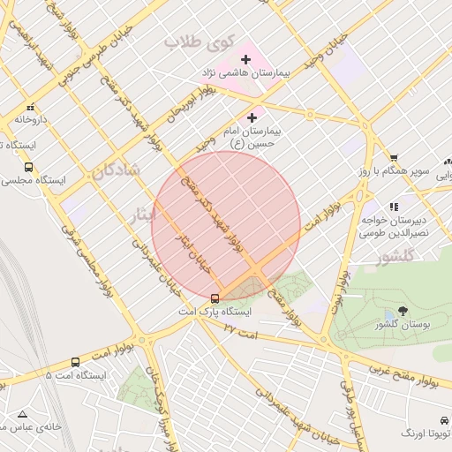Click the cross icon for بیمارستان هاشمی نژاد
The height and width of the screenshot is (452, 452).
(x=245, y=59)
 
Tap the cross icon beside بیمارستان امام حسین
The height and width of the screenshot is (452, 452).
(x=252, y=117)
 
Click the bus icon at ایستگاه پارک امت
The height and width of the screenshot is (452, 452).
(x=215, y=298)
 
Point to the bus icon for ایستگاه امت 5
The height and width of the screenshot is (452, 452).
(x=75, y=362)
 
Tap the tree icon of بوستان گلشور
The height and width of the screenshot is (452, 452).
(x=403, y=311)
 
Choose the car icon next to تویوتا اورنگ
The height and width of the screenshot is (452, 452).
(x=442, y=420)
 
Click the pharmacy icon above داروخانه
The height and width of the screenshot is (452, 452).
(x=30, y=105)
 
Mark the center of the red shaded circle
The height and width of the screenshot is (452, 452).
(x=226, y=226)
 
